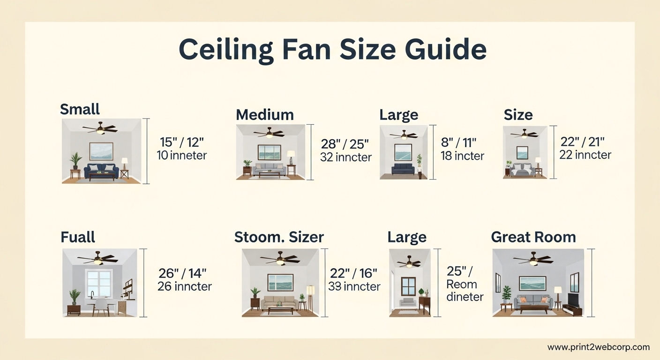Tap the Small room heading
tap(80, 109)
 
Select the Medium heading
tap(265, 114)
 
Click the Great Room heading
tap(533, 237)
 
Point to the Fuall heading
tap(78, 237)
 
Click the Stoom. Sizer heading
tap(279, 237)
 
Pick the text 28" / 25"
tap(345, 144)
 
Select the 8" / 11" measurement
tap(458, 143)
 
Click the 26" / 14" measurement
tap(182, 273)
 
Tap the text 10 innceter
tap(182, 155)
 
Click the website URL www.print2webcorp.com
tap(599, 347)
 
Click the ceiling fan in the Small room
tap(100, 128)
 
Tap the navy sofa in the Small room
tap(101, 171)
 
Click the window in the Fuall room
tap(99, 284)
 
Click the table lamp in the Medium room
tap(291, 157)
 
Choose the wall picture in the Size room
tap(522, 153)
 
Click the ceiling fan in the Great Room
tap(532, 259)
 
